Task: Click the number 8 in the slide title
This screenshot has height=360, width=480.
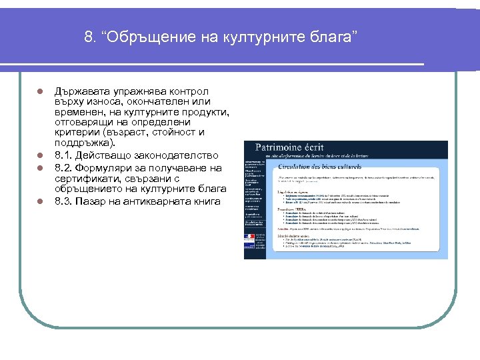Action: tap(89, 37)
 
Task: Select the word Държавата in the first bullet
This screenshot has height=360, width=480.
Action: tap(82, 91)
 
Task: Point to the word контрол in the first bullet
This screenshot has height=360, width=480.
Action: tap(189, 91)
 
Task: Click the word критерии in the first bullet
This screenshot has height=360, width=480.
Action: tap(77, 132)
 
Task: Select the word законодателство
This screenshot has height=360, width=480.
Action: tap(170, 155)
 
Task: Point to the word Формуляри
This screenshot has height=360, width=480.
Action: tap(110, 167)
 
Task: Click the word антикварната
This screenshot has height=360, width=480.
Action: tap(163, 201)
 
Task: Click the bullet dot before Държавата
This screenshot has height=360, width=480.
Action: tap(40, 91)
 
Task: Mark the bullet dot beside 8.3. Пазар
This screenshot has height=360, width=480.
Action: tap(40, 201)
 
